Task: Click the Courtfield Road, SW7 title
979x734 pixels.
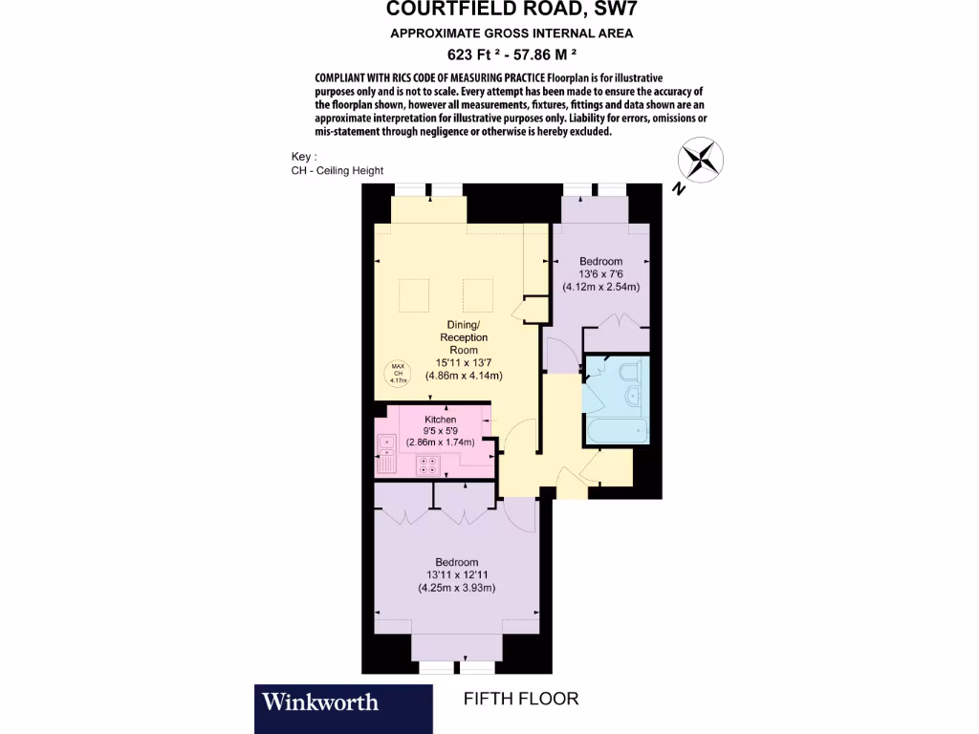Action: coord(511,11)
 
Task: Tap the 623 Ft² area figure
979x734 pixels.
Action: coord(472,54)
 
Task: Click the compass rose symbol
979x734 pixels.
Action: coord(702,158)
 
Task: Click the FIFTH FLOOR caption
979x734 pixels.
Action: coord(521,699)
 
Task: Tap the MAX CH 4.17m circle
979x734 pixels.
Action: coord(398,374)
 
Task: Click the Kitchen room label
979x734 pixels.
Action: coord(441,420)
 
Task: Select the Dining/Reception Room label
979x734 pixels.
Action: coord(463,337)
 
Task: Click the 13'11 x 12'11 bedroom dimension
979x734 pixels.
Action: coord(456,574)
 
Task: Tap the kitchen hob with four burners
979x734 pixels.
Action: coord(428,465)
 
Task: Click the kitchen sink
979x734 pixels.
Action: coord(386,450)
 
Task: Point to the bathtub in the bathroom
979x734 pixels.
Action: coord(617,427)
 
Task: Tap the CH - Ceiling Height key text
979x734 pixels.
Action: coord(337,171)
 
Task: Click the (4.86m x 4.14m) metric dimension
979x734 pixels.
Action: coord(464,376)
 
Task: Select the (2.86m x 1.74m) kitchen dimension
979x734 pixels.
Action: coord(441,444)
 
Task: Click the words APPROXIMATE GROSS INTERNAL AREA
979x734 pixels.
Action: coord(511,33)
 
